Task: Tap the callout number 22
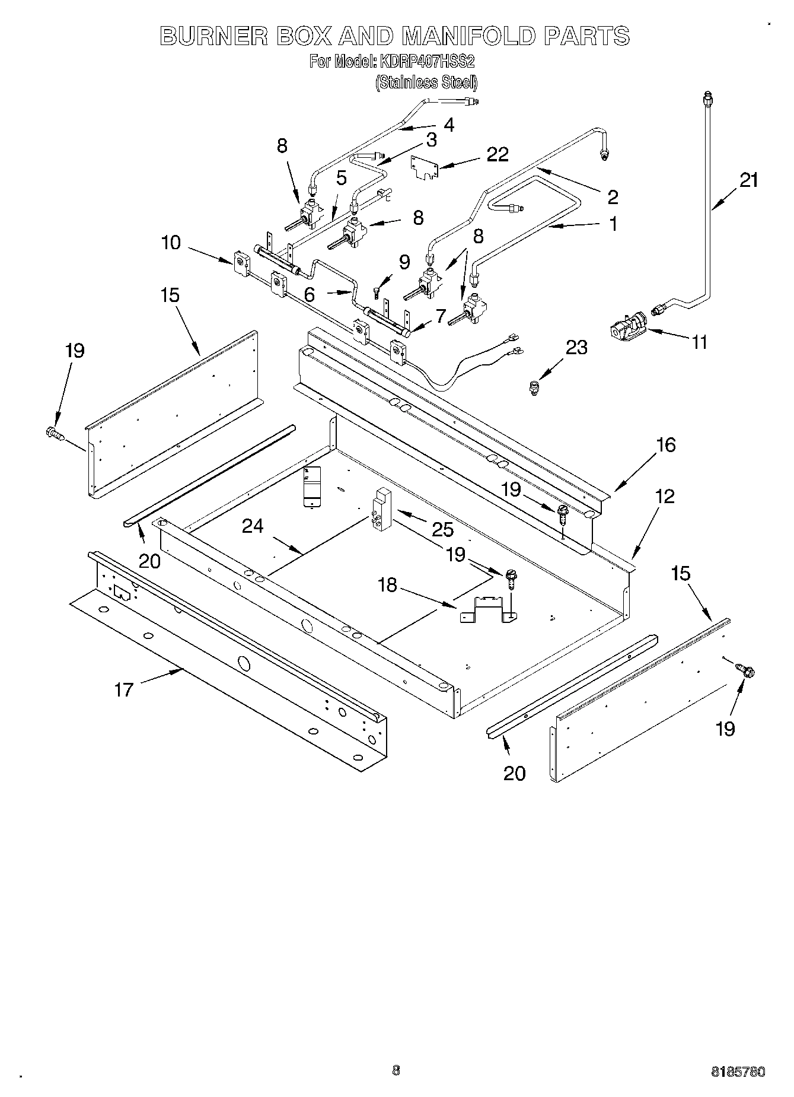497,154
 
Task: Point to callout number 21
749,180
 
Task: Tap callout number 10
171,243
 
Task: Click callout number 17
124,689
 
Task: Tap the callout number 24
253,526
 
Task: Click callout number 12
665,496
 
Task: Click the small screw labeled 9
377,291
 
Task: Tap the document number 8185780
738,1071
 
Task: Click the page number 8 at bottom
396,1070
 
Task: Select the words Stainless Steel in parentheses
426,82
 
